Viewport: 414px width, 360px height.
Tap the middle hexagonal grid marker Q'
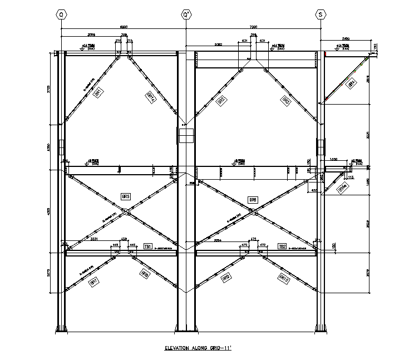pyautogui.click(x=186, y=15)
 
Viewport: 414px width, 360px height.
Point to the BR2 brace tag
pyautogui.click(x=221, y=100)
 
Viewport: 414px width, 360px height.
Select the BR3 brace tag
pyautogui.click(x=285, y=101)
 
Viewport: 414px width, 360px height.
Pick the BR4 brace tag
pyautogui.click(x=351, y=84)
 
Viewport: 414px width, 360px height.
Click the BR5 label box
pyautogui.click(x=125, y=196)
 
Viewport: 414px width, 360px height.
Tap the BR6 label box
pyautogui.click(x=253, y=199)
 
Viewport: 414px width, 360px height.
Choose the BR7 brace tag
pyautogui.click(x=93, y=281)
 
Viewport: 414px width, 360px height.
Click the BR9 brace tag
pyautogui.click(x=226, y=277)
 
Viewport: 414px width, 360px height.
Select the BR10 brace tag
pyautogui.click(x=283, y=277)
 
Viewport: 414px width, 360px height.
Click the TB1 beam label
pyautogui.click(x=148, y=246)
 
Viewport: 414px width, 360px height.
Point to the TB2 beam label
pyautogui.click(x=282, y=246)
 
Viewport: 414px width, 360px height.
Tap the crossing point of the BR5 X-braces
pyautogui.click(x=128, y=210)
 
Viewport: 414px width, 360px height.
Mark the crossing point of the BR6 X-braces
pyautogui.click(x=253, y=211)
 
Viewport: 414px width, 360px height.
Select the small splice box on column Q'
pyautogui.click(x=186, y=135)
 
